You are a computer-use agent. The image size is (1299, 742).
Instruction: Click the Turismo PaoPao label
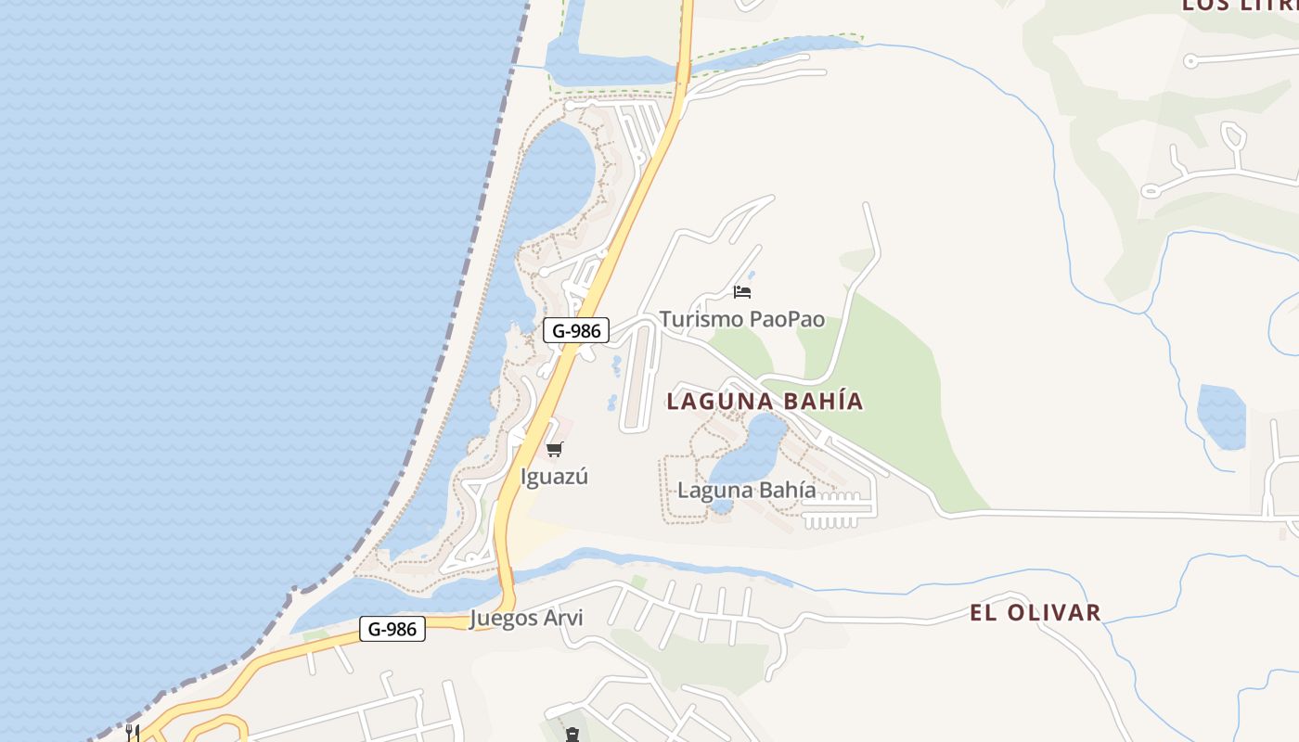pyautogui.click(x=741, y=319)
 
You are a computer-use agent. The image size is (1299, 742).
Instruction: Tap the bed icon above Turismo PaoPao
pyautogui.click(x=741, y=291)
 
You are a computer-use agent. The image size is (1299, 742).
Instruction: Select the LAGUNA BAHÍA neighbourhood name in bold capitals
pyautogui.click(x=765, y=401)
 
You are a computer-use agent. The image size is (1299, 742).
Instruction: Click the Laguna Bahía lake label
pyautogui.click(x=747, y=490)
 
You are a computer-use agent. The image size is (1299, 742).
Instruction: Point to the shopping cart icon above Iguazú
pyautogui.click(x=554, y=450)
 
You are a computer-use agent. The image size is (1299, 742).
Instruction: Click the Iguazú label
pyautogui.click(x=554, y=477)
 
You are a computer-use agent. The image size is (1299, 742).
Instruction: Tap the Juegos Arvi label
pyautogui.click(x=526, y=618)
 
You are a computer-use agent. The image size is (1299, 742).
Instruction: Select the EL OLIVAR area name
pyautogui.click(x=1035, y=612)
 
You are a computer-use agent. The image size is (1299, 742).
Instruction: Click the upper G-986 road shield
pyautogui.click(x=576, y=330)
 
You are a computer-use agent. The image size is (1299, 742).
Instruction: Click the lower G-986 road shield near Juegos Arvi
pyautogui.click(x=392, y=629)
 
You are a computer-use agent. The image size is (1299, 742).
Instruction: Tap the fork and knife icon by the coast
pyautogui.click(x=133, y=733)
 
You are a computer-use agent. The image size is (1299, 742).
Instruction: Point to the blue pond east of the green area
pyautogui.click(x=1221, y=416)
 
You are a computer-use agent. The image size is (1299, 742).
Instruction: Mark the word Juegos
pyautogui.click(x=503, y=618)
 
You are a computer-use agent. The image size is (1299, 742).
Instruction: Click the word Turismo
pyautogui.click(x=701, y=319)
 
